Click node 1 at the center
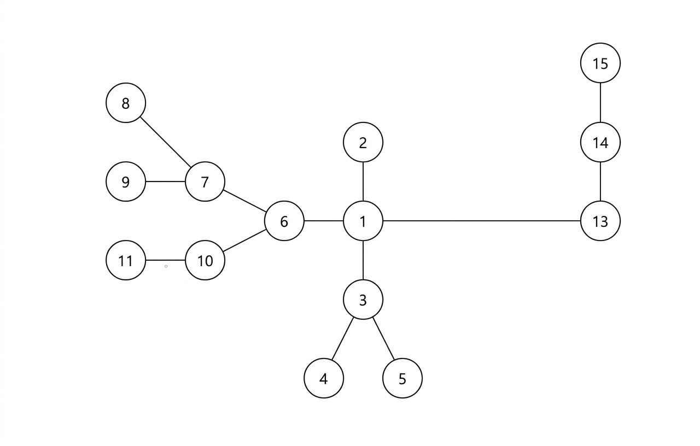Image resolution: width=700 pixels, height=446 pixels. tap(363, 221)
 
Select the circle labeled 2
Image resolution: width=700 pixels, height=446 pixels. tap(363, 142)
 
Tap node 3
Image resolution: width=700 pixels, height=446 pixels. tap(363, 300)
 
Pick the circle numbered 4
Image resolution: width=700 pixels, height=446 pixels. tap(324, 378)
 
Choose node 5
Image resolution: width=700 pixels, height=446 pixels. tap(402, 378)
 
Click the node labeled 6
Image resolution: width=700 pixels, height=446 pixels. tap(284, 221)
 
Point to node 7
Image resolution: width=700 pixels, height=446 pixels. tap(205, 181)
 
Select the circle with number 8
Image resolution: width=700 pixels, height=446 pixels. tap(126, 103)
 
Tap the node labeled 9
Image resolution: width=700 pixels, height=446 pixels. tap(126, 181)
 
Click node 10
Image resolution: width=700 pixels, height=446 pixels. tap(205, 261)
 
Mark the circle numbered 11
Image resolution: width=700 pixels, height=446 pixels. tap(126, 261)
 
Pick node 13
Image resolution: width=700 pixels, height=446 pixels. tap(600, 221)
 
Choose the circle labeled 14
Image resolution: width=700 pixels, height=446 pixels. tap(600, 142)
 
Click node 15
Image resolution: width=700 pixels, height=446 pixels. tap(600, 63)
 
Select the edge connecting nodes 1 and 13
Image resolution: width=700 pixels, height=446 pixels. tap(481, 221)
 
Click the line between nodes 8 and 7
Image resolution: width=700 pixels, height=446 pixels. tap(165, 142)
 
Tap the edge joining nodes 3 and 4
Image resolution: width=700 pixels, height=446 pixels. tap(343, 339)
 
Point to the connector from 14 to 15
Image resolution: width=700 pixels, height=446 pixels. tap(600, 103)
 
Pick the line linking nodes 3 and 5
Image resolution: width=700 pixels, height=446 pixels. tap(383, 339)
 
